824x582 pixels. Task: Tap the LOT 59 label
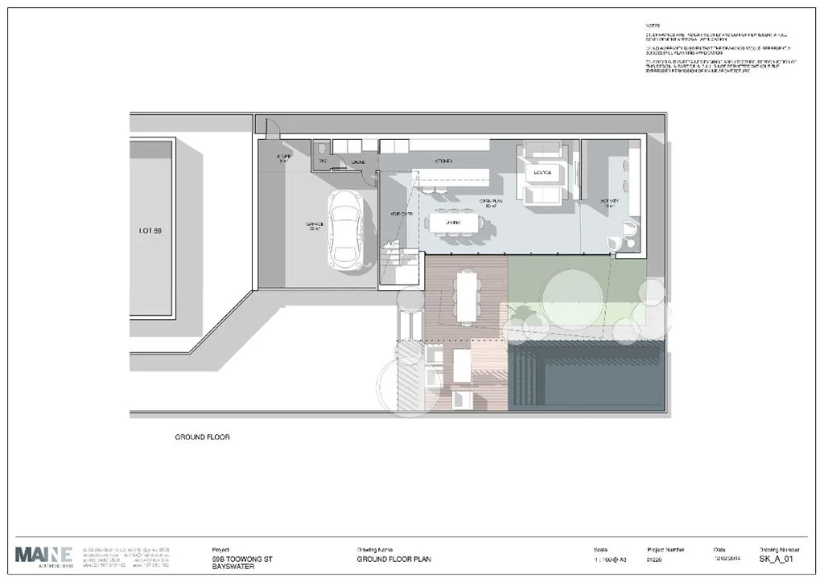tap(150, 231)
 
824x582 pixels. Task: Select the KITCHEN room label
tap(444, 162)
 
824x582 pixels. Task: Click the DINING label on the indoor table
tap(455, 221)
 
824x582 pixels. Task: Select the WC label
tap(323, 162)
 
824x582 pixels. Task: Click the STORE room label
tap(283, 157)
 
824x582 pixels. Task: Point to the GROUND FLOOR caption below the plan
tap(203, 438)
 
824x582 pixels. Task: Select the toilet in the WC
tap(322, 150)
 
